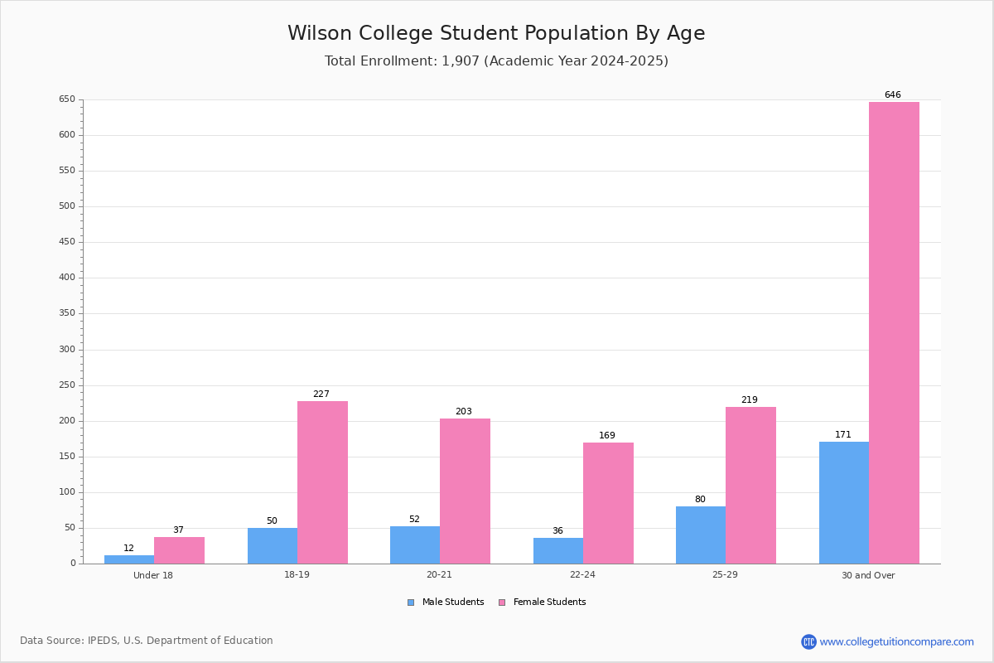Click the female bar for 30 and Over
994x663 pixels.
[x=894, y=332]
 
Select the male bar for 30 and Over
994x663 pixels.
[x=844, y=503]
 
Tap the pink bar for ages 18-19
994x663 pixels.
[x=322, y=482]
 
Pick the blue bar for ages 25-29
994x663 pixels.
[x=701, y=535]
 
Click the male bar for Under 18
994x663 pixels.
[x=129, y=559]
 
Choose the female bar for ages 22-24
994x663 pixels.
[x=608, y=503]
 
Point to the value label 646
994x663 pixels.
[x=893, y=94]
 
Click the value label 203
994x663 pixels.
[x=464, y=411]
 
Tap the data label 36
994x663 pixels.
[x=557, y=530]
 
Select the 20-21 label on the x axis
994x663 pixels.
[x=439, y=574]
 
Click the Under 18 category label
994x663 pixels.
[x=153, y=575]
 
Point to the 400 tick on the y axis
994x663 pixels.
[x=67, y=278]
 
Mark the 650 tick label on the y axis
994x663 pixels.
[x=67, y=99]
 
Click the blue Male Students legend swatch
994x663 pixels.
[x=411, y=603]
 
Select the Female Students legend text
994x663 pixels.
[x=549, y=602]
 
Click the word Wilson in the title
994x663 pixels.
[x=320, y=33]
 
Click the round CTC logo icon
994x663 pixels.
[x=808, y=641]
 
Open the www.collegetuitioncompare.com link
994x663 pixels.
[x=897, y=641]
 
